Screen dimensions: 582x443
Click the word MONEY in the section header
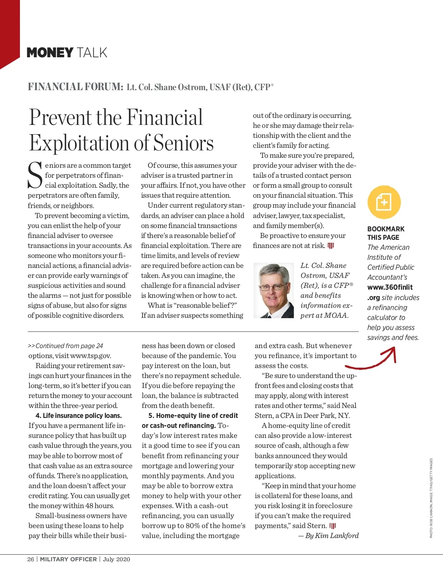pyautogui.click(x=50, y=53)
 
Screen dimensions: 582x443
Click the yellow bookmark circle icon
pyautogui.click(x=384, y=202)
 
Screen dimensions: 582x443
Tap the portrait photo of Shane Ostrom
pyautogui.click(x=274, y=290)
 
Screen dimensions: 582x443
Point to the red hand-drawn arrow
pyautogui.click(x=373, y=360)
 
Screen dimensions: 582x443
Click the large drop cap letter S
pyautogui.click(x=35, y=176)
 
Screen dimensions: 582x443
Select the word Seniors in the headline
pyautogui.click(x=183, y=143)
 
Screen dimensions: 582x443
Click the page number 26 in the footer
pyautogui.click(x=31, y=559)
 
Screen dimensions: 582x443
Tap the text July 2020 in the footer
pyautogui.click(x=117, y=559)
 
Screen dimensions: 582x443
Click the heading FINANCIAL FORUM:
pyautogui.click(x=76, y=87)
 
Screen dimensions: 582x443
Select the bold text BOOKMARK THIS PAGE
pyautogui.click(x=385, y=233)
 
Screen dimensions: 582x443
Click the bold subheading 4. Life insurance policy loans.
pyautogui.click(x=79, y=415)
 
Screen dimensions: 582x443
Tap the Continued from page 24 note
pyautogui.click(x=66, y=346)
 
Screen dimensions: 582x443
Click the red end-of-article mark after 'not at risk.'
pyautogui.click(x=331, y=246)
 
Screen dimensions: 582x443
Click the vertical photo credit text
pyautogui.click(x=431, y=498)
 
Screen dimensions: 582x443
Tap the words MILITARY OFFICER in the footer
pyautogui.click(x=68, y=559)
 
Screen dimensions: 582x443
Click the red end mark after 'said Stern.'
pyautogui.click(x=333, y=526)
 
